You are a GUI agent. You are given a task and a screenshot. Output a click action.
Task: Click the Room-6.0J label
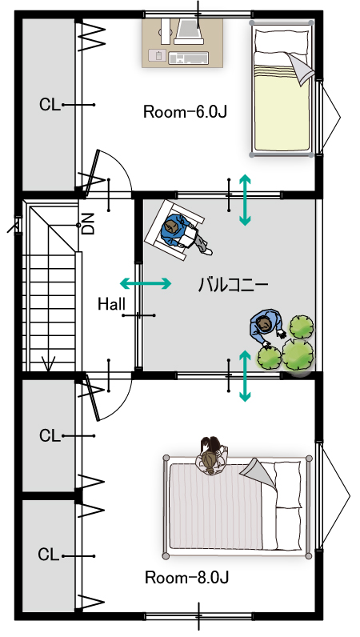185,112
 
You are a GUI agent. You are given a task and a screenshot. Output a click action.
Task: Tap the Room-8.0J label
186,577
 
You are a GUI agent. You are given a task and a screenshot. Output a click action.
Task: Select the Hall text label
111,304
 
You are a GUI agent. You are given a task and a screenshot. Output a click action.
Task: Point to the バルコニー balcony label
233,284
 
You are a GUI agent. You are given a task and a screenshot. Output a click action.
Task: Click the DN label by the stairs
88,223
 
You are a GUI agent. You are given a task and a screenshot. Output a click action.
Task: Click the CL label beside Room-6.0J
50,104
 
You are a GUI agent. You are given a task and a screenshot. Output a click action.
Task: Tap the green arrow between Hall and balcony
146,283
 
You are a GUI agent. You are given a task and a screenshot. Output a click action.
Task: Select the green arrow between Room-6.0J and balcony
245,199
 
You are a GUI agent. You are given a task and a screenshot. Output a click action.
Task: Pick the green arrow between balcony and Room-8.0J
245,376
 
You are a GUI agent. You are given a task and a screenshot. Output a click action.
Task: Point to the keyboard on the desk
188,58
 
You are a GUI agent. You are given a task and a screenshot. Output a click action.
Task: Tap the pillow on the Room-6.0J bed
281,41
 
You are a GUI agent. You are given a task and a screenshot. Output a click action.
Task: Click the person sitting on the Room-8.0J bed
211,455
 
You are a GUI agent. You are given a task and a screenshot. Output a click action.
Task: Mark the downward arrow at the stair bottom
49,363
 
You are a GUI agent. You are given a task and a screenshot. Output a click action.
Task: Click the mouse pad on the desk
157,55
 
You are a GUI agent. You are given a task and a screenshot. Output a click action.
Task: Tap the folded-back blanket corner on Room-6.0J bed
302,68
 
